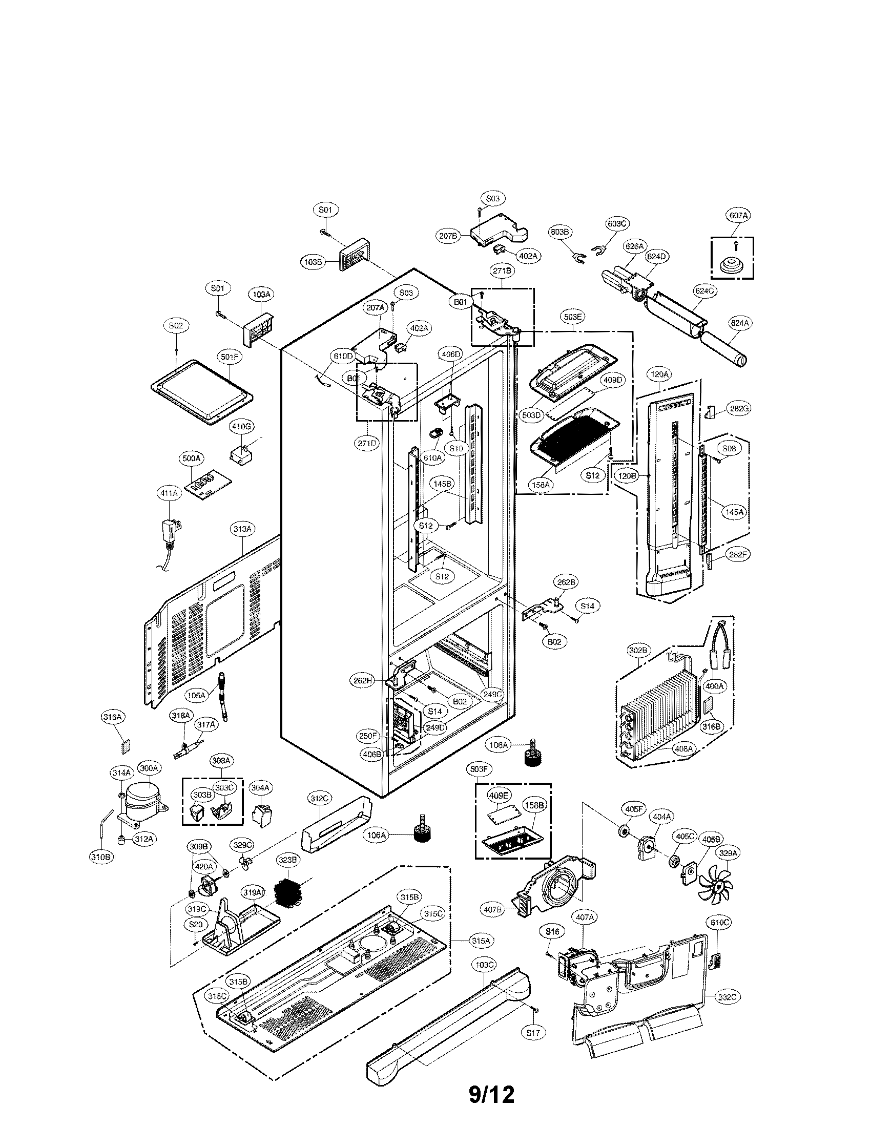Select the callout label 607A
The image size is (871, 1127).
(738, 216)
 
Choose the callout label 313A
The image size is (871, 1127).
(242, 529)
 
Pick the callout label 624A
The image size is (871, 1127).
(739, 323)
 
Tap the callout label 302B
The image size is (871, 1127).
(638, 651)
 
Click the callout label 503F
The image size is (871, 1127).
(479, 769)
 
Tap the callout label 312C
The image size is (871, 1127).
(319, 799)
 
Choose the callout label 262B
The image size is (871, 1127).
(565, 582)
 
